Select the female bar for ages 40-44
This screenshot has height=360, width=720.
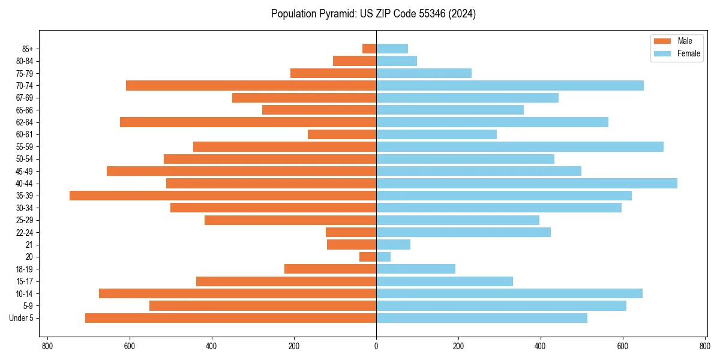[x=527, y=183]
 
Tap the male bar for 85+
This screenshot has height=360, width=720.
[x=369, y=49]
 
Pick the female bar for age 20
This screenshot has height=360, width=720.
[x=383, y=257]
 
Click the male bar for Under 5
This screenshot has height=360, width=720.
[x=230, y=318]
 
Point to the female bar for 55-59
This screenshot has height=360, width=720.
[x=520, y=146]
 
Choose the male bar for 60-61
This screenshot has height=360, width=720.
[x=342, y=134]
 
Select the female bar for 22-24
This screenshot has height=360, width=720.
[x=463, y=232]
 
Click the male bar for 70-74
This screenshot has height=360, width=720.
[x=251, y=85]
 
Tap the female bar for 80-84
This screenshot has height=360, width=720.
[x=397, y=61]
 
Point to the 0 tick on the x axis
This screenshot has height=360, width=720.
[x=376, y=346]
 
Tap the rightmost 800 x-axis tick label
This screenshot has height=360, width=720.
[x=704, y=346]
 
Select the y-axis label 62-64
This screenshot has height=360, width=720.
[x=25, y=122]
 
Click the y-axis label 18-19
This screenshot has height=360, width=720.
[x=25, y=269]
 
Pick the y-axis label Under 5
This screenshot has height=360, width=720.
[x=21, y=318]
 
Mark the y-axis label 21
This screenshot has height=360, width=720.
[x=29, y=245]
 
